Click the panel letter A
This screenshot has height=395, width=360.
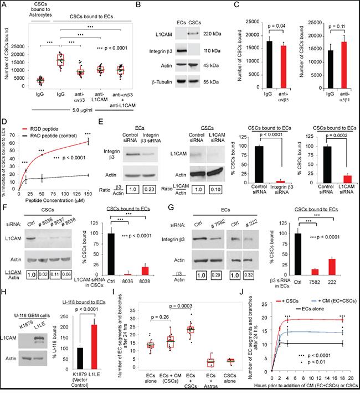4,4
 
